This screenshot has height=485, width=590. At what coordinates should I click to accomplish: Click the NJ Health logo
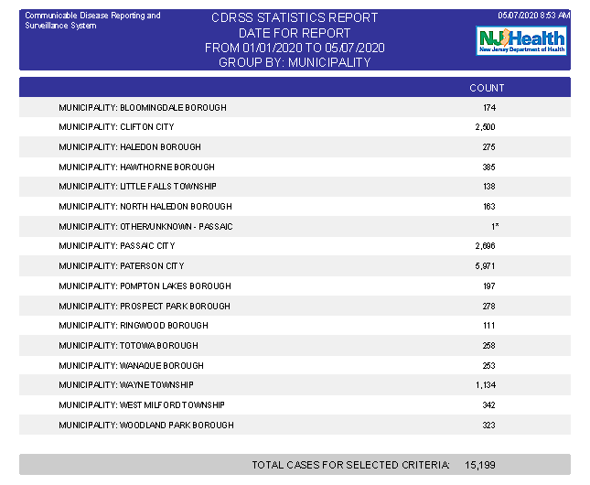(x=521, y=39)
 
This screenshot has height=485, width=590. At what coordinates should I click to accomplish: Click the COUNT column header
(x=486, y=88)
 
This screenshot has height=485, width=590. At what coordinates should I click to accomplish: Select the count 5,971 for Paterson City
(x=485, y=266)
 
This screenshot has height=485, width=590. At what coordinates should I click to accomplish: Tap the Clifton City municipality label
(x=116, y=127)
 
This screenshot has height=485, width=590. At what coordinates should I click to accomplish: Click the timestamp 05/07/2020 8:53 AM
(x=533, y=16)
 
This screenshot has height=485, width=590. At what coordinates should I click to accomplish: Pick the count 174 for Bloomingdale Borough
(x=488, y=108)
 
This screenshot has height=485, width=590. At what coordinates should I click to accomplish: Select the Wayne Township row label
(x=126, y=385)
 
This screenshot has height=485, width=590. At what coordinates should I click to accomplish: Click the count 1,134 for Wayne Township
(x=485, y=385)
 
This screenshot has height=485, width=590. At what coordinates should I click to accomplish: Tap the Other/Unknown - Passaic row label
(x=145, y=226)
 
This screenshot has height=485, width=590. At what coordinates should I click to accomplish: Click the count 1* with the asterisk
(x=494, y=226)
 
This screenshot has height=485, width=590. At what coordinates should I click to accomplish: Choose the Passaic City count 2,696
(x=485, y=246)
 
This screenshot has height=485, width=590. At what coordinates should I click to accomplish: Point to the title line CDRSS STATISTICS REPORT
(x=295, y=18)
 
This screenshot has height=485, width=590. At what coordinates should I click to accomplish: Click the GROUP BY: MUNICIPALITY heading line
(x=295, y=63)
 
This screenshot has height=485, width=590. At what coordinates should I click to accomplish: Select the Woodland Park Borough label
(x=146, y=426)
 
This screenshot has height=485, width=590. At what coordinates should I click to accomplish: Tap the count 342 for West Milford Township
(x=488, y=405)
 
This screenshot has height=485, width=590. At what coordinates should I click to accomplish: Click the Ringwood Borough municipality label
(x=134, y=326)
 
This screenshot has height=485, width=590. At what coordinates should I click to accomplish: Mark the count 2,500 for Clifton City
(x=485, y=127)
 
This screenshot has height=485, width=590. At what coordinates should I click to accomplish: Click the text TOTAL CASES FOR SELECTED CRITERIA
(x=350, y=465)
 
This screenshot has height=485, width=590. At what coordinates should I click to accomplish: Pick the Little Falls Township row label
(x=137, y=187)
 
